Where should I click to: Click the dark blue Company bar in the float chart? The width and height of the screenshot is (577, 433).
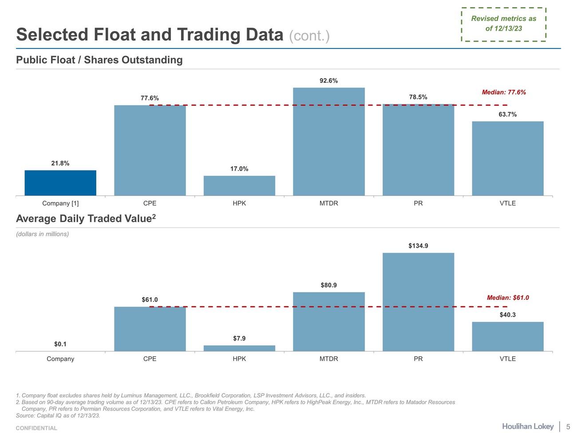tap(60, 183)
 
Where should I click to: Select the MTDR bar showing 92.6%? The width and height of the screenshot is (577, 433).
tap(329, 142)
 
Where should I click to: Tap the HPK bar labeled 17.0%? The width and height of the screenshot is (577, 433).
tap(239, 186)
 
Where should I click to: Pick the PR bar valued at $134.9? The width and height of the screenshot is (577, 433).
tap(418, 302)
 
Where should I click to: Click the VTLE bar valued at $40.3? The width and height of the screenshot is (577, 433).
tap(508, 337)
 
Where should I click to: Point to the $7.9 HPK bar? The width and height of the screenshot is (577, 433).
tap(239, 348)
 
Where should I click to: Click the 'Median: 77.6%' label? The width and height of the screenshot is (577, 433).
tap(504, 92)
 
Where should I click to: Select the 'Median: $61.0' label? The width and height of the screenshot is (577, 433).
tap(508, 298)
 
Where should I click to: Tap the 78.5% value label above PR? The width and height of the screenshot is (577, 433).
tap(418, 97)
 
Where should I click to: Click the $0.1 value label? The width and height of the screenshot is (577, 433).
tap(60, 344)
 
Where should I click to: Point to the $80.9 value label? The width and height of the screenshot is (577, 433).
tap(329, 285)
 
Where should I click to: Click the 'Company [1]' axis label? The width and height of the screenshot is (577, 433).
tap(60, 203)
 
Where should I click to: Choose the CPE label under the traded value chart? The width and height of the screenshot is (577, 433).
tap(150, 359)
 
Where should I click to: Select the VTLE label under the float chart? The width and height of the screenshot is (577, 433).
tap(508, 203)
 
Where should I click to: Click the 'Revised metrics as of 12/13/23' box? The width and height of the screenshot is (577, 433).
tap(504, 24)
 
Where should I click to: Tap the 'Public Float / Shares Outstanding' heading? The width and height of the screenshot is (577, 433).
tap(99, 60)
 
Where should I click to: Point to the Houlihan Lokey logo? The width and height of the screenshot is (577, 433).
tap(528, 426)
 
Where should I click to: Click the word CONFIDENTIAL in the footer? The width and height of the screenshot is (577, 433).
tap(36, 428)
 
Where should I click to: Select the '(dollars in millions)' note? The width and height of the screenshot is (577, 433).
tap(43, 234)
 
